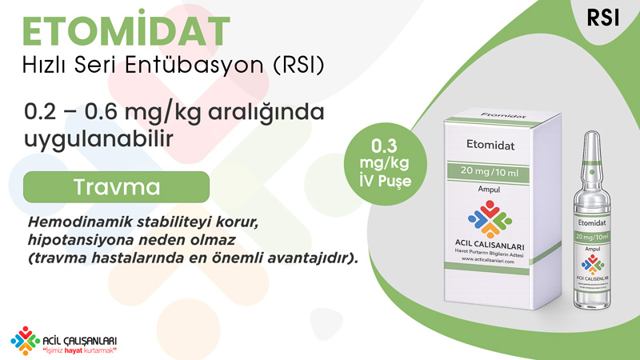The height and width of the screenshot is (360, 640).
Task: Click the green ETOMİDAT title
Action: point(126,29)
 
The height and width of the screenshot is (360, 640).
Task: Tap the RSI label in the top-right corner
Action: point(603,18)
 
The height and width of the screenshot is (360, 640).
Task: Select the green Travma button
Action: point(116,187)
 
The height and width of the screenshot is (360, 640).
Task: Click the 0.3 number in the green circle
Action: point(384,146)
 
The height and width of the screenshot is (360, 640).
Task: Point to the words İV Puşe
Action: point(386,181)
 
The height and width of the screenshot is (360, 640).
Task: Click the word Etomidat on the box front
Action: point(490,145)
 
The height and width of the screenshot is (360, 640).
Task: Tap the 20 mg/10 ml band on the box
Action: point(488,171)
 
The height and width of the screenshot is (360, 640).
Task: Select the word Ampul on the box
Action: point(489,190)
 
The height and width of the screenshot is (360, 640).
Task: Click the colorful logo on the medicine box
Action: point(490,218)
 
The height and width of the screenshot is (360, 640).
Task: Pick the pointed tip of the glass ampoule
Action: point(592,132)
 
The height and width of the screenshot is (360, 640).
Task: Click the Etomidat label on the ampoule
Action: point(592,223)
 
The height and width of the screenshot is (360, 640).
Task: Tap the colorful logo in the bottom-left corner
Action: point(26,341)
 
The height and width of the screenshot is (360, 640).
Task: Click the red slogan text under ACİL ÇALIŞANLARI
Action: point(80,350)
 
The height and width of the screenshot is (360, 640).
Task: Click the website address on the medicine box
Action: point(488,260)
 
